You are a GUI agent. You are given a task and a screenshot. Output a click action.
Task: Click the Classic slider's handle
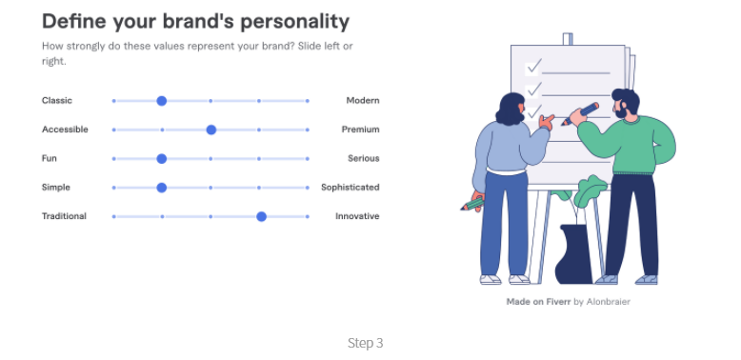click(x=162, y=101)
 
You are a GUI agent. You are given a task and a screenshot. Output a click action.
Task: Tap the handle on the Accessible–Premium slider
click(x=211, y=130)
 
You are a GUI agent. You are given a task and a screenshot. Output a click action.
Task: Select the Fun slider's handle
click(x=162, y=159)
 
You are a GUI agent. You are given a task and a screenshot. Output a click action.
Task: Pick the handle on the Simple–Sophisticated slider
click(x=162, y=188)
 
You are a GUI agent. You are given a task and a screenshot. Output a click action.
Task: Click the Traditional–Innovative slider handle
click(x=261, y=216)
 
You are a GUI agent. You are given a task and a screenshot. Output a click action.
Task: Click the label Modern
click(x=363, y=101)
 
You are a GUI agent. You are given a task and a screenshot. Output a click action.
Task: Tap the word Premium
click(x=361, y=130)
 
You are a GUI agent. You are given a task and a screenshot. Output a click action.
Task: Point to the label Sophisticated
click(x=350, y=188)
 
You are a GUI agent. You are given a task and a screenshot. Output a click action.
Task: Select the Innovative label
click(x=357, y=216)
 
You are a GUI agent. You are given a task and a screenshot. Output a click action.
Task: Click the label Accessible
click(x=65, y=130)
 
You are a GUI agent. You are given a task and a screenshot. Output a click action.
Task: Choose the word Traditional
click(x=64, y=216)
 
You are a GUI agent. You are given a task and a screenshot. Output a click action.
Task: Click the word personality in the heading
click(x=295, y=22)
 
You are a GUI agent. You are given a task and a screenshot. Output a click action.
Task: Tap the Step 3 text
click(x=366, y=343)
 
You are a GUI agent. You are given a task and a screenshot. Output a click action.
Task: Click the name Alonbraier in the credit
click(x=609, y=301)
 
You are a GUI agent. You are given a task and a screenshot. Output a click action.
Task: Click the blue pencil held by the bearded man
click(x=580, y=114)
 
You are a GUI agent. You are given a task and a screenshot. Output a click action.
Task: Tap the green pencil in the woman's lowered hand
click(x=472, y=204)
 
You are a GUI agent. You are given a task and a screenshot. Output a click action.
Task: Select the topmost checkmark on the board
click(x=534, y=67)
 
